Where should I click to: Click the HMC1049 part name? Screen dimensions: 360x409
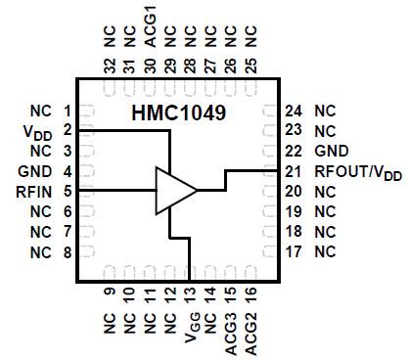click(x=180, y=113)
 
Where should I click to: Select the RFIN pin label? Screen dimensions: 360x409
click(x=34, y=191)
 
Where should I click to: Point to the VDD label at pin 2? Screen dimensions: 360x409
click(x=37, y=131)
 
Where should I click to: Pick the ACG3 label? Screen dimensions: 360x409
click(x=230, y=337)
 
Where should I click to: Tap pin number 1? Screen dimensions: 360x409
click(x=67, y=111)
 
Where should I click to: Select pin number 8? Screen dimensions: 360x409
click(x=67, y=252)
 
